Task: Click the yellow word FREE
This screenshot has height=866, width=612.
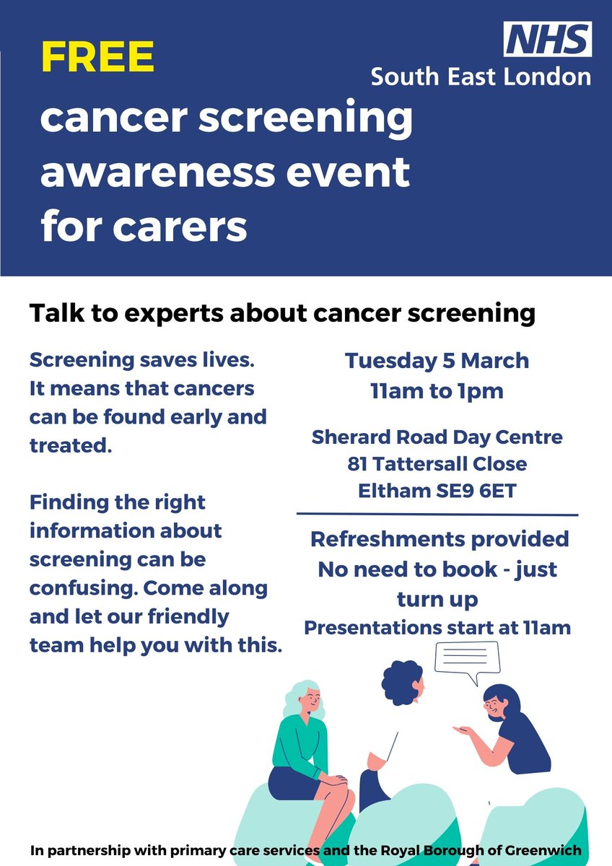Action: click(x=97, y=58)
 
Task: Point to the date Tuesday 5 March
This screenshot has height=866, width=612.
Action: click(x=437, y=361)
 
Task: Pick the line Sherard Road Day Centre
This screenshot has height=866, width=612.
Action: click(x=437, y=437)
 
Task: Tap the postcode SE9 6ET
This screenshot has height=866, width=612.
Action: click(x=476, y=491)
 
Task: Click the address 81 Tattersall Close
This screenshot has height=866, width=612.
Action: click(x=437, y=464)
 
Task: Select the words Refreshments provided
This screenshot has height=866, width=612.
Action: click(x=439, y=539)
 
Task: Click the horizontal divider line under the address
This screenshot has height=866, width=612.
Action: click(x=437, y=515)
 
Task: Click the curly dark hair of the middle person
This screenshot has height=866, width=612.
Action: click(x=401, y=683)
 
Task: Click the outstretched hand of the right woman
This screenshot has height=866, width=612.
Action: click(x=462, y=730)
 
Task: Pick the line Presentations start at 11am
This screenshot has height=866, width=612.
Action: click(x=437, y=627)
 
